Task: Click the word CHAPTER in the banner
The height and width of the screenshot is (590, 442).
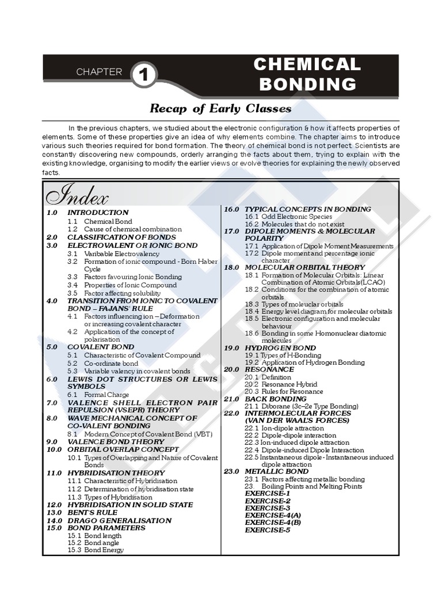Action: [x=100, y=72]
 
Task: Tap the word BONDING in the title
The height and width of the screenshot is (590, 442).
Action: [x=307, y=84]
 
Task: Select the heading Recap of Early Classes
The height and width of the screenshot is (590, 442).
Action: [x=220, y=108]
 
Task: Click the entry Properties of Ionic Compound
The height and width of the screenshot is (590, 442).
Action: [x=130, y=285]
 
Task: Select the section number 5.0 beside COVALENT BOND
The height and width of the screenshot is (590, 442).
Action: [x=52, y=347]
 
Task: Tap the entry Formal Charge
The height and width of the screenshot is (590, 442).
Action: [x=107, y=394]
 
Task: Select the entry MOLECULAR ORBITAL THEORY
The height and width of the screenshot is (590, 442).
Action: [x=304, y=267]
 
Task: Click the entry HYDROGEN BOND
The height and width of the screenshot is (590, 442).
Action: [x=280, y=348]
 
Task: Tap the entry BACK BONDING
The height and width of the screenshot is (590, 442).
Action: [x=276, y=399]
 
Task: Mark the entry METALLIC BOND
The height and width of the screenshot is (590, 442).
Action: [x=276, y=471]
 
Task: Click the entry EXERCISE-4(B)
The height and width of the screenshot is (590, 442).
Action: [x=273, y=523]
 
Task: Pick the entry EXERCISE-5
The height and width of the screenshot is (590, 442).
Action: [x=268, y=530]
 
